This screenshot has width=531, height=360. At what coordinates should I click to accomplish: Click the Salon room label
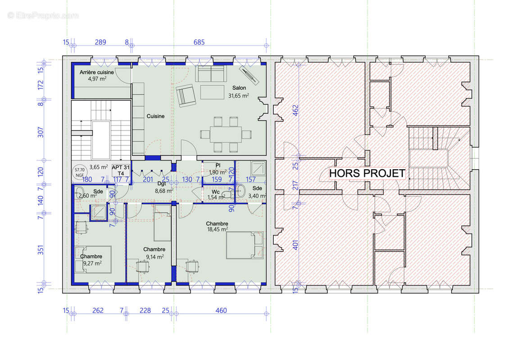pos(239,88)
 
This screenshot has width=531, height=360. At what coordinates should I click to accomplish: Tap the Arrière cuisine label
pos(93,72)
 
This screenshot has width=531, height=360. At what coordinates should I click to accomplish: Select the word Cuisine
pos(155,116)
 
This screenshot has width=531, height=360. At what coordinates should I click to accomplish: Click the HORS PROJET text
pos(367,173)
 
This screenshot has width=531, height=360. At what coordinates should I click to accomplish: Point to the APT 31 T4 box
pos(120,169)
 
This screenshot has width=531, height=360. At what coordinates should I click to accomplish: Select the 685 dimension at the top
pos(199,43)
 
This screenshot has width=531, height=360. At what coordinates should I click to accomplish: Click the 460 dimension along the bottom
pos(221,310)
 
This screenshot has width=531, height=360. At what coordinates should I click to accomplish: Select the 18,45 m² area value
pos(217,229)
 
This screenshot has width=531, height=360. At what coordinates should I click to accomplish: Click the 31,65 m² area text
pos(239,95)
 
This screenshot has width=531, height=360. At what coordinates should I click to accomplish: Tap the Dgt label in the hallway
pos(162,184)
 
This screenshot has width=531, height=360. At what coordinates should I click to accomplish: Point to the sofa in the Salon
pos(211,74)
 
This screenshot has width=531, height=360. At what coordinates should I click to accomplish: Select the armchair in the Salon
pos(185,95)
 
